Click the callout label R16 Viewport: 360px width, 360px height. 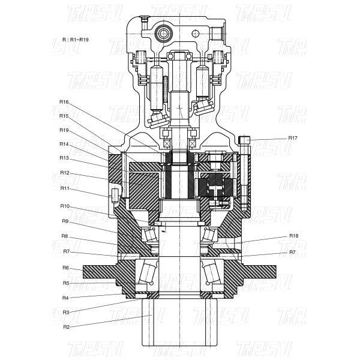click(x=64, y=102)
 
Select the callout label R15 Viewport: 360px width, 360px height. click(x=64, y=116)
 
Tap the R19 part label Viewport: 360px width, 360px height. click(x=64, y=130)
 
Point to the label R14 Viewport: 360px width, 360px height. click(x=64, y=144)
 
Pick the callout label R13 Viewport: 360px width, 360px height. click(x=64, y=158)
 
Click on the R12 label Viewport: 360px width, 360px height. click(x=64, y=173)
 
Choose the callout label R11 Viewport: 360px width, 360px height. click(x=64, y=188)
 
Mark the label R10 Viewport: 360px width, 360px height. click(x=64, y=206)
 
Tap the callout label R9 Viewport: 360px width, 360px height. click(x=65, y=221)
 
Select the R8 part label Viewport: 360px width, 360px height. click(x=65, y=236)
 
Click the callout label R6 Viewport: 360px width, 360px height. click(x=65, y=268)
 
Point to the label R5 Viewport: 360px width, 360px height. click(x=65, y=283)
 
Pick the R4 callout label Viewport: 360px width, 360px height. click(x=65, y=298)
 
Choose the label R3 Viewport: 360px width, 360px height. click(x=65, y=312)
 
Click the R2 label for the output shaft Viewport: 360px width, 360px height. click(x=65, y=327)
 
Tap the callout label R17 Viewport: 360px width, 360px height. click(x=293, y=138)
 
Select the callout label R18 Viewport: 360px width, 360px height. click(x=294, y=236)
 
